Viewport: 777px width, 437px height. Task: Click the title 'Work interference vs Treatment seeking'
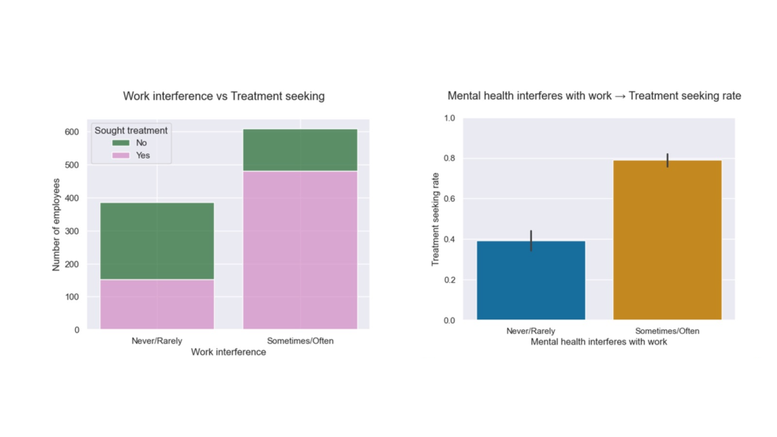click(x=224, y=96)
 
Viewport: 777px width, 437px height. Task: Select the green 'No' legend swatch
click(x=121, y=143)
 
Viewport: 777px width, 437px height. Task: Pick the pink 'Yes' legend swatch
click(x=121, y=156)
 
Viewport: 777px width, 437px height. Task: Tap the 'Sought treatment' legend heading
click(x=131, y=130)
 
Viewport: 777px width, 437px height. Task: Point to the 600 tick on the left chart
click(x=71, y=132)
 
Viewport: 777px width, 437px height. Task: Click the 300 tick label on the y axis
click(x=71, y=231)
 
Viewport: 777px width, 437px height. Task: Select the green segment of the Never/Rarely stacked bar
click(x=157, y=241)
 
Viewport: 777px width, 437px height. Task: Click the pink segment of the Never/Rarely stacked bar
click(x=157, y=304)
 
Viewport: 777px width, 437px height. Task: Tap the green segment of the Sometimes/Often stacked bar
click(x=300, y=150)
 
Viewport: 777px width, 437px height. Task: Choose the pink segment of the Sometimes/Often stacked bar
click(x=300, y=250)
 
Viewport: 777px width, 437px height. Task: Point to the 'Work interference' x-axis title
click(x=228, y=352)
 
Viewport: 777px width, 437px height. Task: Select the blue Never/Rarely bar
click(x=531, y=281)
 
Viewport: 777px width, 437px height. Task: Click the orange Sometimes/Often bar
click(x=667, y=240)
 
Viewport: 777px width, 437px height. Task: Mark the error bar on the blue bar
click(x=531, y=241)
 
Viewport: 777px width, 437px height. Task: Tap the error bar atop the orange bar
click(x=667, y=160)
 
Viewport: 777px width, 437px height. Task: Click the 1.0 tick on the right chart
click(x=449, y=118)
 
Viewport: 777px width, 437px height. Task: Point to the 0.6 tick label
click(x=449, y=199)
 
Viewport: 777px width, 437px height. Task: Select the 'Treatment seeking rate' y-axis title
click(x=436, y=218)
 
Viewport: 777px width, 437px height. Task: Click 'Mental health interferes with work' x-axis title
click(x=599, y=341)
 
